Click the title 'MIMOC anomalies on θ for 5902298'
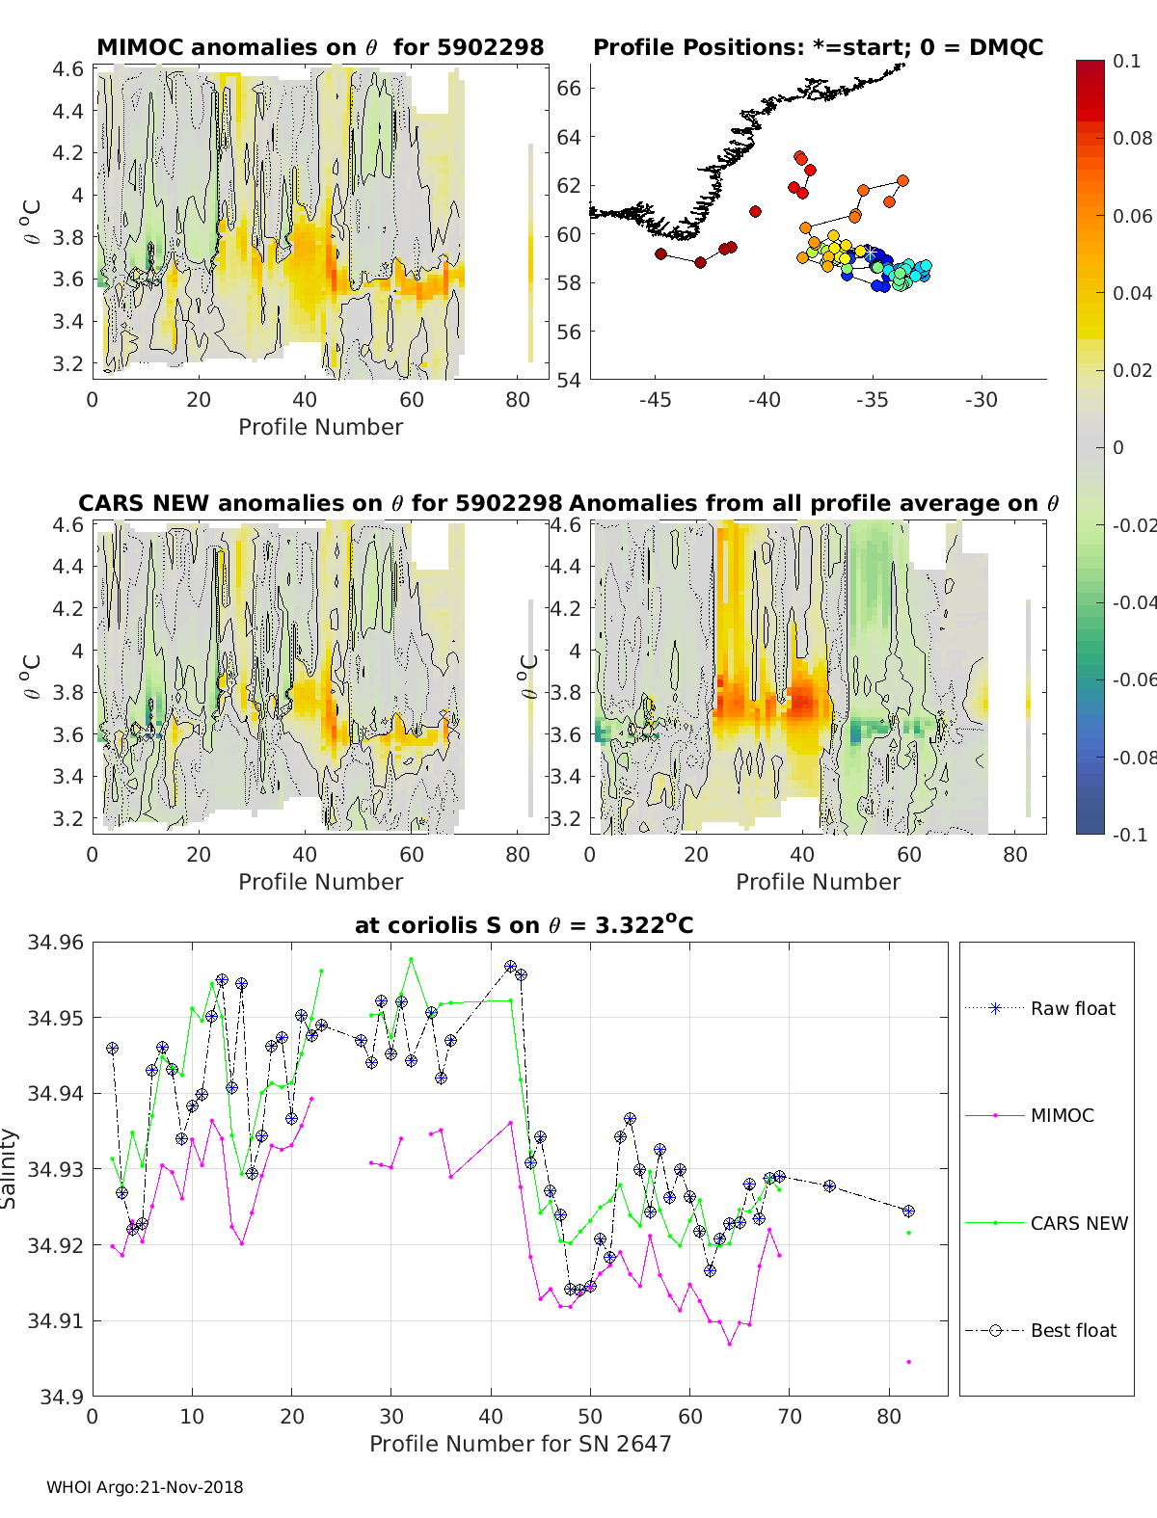pyautogui.click(x=320, y=47)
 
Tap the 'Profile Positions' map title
pyautogui.click(x=818, y=47)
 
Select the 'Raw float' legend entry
pyautogui.click(x=1072, y=1008)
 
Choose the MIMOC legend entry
pyautogui.click(x=1062, y=1115)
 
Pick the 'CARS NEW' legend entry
pyautogui.click(x=1078, y=1223)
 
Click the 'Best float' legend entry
pyautogui.click(x=1072, y=1330)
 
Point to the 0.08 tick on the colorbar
pyautogui.click(x=1132, y=138)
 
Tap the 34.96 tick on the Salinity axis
pyautogui.click(x=56, y=942)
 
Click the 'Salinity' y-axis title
pyautogui.click(x=10, y=1168)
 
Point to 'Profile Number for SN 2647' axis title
pyautogui.click(x=520, y=1444)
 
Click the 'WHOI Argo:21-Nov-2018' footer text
pyautogui.click(x=145, y=1487)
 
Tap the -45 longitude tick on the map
pyautogui.click(x=655, y=399)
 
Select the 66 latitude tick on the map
pyautogui.click(x=569, y=88)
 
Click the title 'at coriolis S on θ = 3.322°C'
pyautogui.click(x=524, y=925)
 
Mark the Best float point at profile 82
pyautogui.click(x=908, y=1211)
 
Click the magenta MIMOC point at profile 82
pyautogui.click(x=908, y=1362)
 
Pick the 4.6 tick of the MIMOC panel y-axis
pyautogui.click(x=67, y=68)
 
